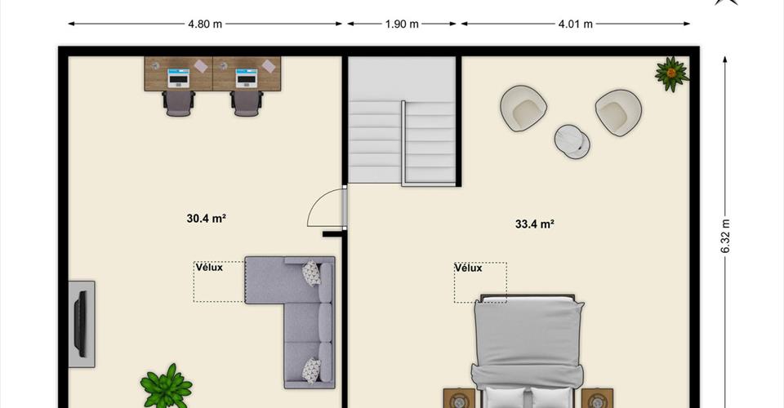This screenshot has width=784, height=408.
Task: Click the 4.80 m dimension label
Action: point(205,24)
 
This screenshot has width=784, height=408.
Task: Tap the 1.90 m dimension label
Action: point(402,24)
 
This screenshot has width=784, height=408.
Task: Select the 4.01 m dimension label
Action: point(576,24)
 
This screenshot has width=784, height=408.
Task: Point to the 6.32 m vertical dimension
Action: point(725,236)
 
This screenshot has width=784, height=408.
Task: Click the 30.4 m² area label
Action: point(207,218)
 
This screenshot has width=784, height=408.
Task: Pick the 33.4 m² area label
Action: point(534,224)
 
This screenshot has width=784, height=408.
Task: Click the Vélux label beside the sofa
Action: point(209,267)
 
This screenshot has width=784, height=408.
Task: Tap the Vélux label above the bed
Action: point(469,268)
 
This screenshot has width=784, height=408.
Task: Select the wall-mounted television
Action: point(80,324)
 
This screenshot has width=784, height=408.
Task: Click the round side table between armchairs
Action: point(572,141)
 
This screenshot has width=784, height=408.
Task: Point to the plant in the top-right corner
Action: point(671,74)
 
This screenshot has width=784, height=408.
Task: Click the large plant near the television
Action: point(167,387)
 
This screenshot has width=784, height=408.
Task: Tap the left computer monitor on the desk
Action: point(179,78)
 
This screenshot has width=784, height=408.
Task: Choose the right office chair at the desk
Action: point(247,103)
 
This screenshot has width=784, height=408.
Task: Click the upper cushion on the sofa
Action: point(311,273)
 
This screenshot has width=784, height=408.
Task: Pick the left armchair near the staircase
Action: point(523,109)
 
